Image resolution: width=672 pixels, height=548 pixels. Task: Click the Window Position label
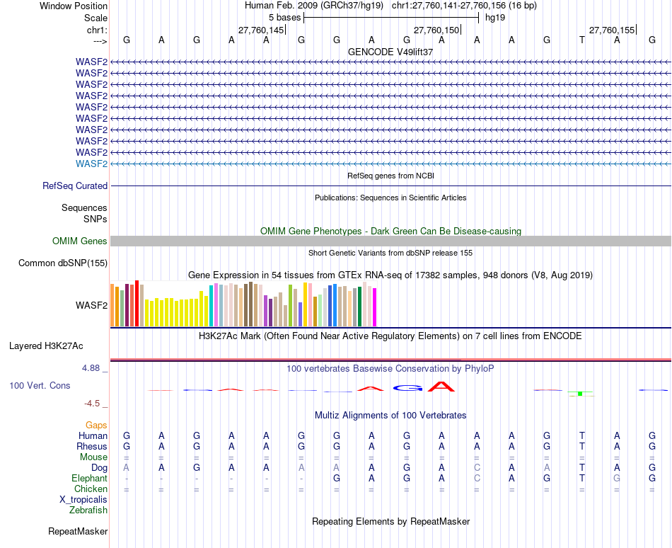click(74, 6)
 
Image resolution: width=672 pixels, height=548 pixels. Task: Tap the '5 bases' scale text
click(284, 17)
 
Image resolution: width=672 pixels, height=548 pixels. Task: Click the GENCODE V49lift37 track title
click(390, 52)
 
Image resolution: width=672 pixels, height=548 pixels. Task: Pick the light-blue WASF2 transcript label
click(91, 164)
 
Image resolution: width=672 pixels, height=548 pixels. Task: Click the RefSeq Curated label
click(75, 185)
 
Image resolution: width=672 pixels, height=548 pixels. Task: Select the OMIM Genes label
click(80, 241)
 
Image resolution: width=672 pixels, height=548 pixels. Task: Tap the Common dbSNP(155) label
click(63, 263)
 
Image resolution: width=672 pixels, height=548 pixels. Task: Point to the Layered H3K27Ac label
click(46, 346)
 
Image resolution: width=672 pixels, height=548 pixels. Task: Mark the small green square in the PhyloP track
click(580, 393)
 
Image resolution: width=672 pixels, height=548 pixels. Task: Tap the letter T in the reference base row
click(581, 40)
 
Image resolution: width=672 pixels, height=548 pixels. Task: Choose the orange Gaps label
click(95, 425)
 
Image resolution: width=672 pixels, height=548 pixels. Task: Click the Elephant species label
click(89, 479)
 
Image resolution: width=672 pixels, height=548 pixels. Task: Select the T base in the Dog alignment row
click(581, 468)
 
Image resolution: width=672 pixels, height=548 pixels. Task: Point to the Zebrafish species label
click(88, 510)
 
